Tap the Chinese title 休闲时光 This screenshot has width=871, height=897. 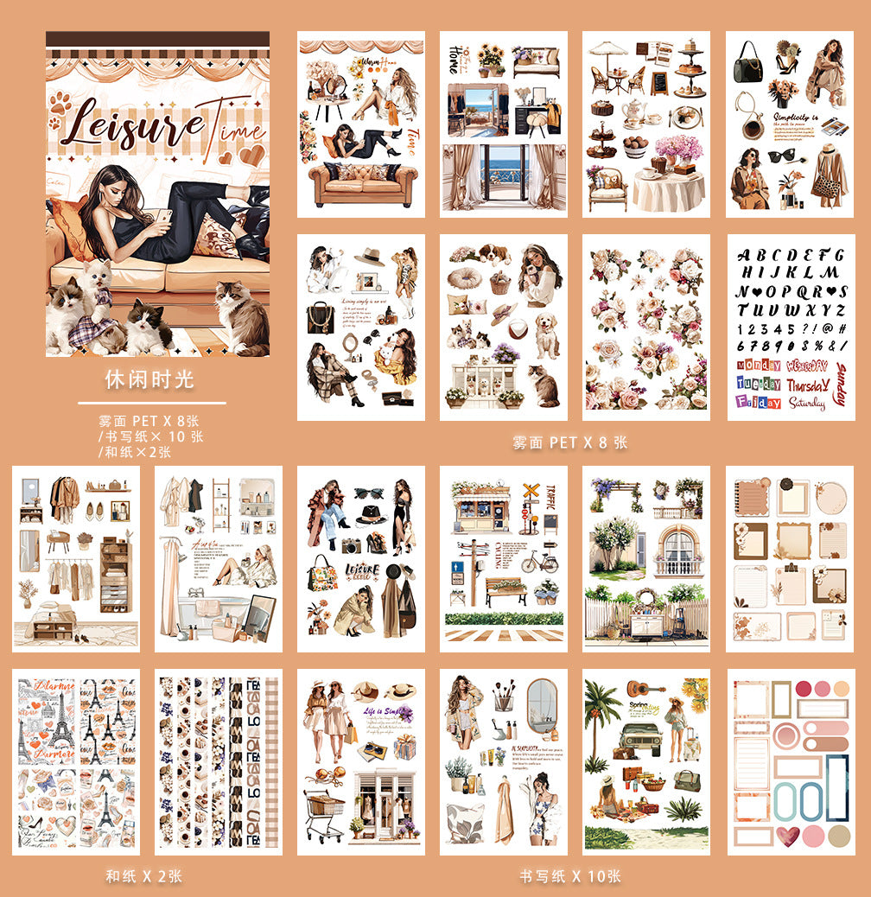(149, 379)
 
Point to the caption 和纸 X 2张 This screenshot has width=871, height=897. (143, 876)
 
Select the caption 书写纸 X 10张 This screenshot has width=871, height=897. (569, 876)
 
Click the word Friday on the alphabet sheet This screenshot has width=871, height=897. (758, 402)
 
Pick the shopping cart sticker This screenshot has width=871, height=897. (323, 811)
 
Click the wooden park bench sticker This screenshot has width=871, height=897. (505, 591)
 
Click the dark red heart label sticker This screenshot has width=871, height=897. (786, 836)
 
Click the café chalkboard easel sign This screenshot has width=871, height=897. (658, 82)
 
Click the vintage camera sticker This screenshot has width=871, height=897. (351, 545)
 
